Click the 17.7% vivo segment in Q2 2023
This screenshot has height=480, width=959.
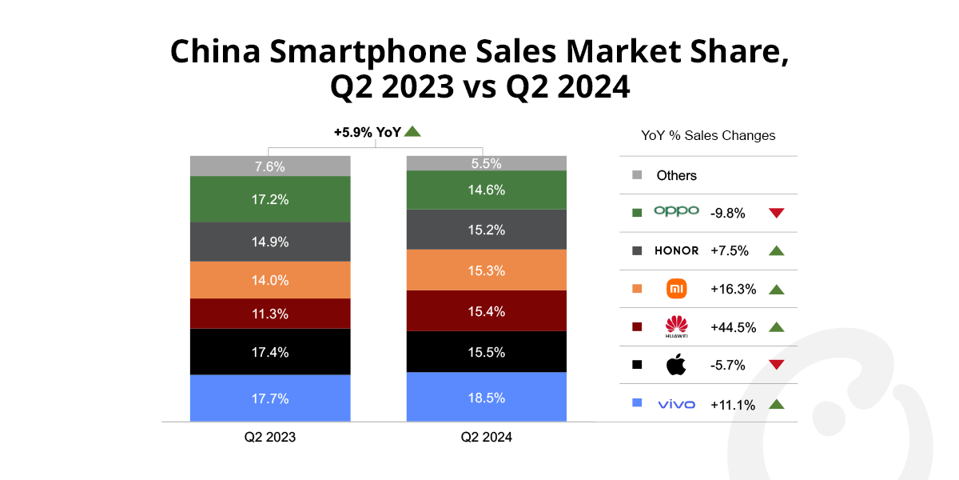tap(269, 398)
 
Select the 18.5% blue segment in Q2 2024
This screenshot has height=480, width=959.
tap(486, 397)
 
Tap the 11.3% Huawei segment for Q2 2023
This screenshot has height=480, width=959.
tap(269, 314)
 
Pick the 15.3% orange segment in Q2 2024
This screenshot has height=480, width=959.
tap(486, 270)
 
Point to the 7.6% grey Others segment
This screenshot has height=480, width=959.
tap(269, 166)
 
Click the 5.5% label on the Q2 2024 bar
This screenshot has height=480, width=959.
tap(486, 163)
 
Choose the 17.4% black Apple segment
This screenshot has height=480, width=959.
tap(269, 352)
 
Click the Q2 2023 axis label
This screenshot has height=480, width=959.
tap(269, 438)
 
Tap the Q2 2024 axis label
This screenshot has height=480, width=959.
tap(486, 438)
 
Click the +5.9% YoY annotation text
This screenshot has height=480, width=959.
tap(367, 133)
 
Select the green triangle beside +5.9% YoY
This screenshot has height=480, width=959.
tap(412, 132)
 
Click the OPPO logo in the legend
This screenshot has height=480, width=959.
tap(676, 212)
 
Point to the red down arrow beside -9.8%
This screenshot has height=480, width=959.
tap(775, 213)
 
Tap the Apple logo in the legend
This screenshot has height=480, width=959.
tap(676, 365)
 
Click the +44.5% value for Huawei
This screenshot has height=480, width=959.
tap(733, 327)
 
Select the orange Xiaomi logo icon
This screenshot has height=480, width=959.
tap(676, 289)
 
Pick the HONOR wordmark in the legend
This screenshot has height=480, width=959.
tap(676, 251)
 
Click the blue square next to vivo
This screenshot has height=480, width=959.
tap(637, 403)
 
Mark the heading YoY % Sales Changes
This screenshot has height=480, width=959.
tap(708, 136)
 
